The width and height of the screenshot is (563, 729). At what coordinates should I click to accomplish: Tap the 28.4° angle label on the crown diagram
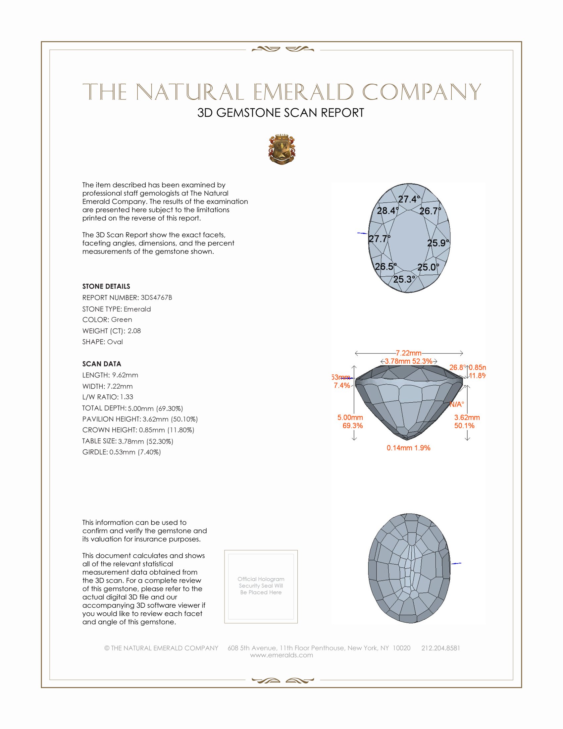click(x=387, y=211)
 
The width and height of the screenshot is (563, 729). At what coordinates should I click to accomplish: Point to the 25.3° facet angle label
click(x=404, y=279)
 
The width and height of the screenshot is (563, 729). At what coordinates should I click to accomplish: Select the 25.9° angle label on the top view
click(x=438, y=243)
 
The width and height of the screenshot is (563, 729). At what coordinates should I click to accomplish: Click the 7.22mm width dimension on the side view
click(x=408, y=353)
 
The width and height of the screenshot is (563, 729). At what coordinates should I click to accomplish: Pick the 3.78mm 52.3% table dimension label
click(x=408, y=361)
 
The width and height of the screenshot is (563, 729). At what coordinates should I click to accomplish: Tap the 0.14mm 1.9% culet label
click(x=408, y=448)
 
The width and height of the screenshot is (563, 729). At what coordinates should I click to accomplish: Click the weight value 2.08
click(x=134, y=331)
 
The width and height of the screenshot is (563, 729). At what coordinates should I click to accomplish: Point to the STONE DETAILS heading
click(x=106, y=286)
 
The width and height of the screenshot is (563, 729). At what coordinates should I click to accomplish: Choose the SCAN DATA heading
click(x=101, y=364)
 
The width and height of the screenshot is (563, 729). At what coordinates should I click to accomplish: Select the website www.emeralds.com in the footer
click(x=281, y=655)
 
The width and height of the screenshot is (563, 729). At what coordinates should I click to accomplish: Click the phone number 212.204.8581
click(x=440, y=648)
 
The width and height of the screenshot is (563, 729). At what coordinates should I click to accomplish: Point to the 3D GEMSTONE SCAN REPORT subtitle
click(x=281, y=113)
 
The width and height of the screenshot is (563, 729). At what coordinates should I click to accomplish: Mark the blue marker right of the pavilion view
click(x=456, y=563)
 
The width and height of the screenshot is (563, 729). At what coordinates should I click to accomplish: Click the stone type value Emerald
click(x=137, y=309)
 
